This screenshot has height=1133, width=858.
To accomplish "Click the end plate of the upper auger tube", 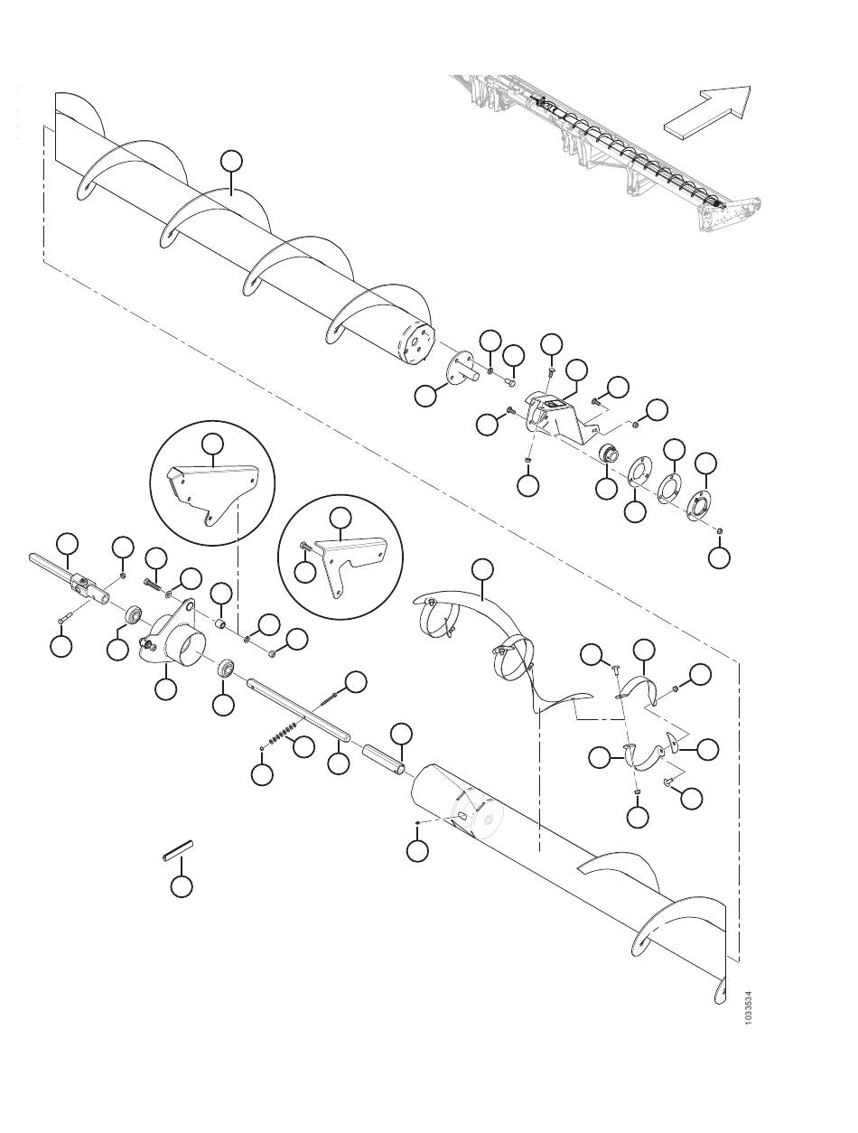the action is click(418, 342).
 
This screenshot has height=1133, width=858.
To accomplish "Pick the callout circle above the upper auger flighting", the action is click(231, 161).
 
